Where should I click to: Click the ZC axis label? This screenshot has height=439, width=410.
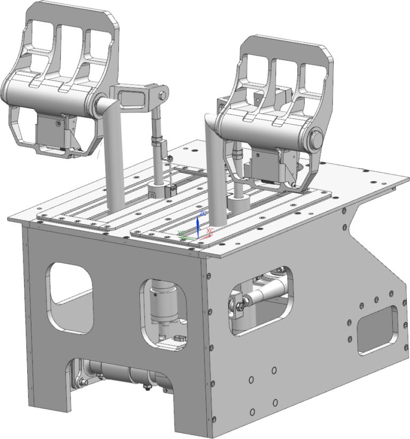click(x=202, y=212)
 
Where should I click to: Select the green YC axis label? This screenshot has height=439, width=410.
click(x=182, y=233)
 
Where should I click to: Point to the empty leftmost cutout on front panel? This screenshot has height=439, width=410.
click(x=70, y=297)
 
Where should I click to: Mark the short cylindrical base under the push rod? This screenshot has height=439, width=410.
click(x=158, y=189)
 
